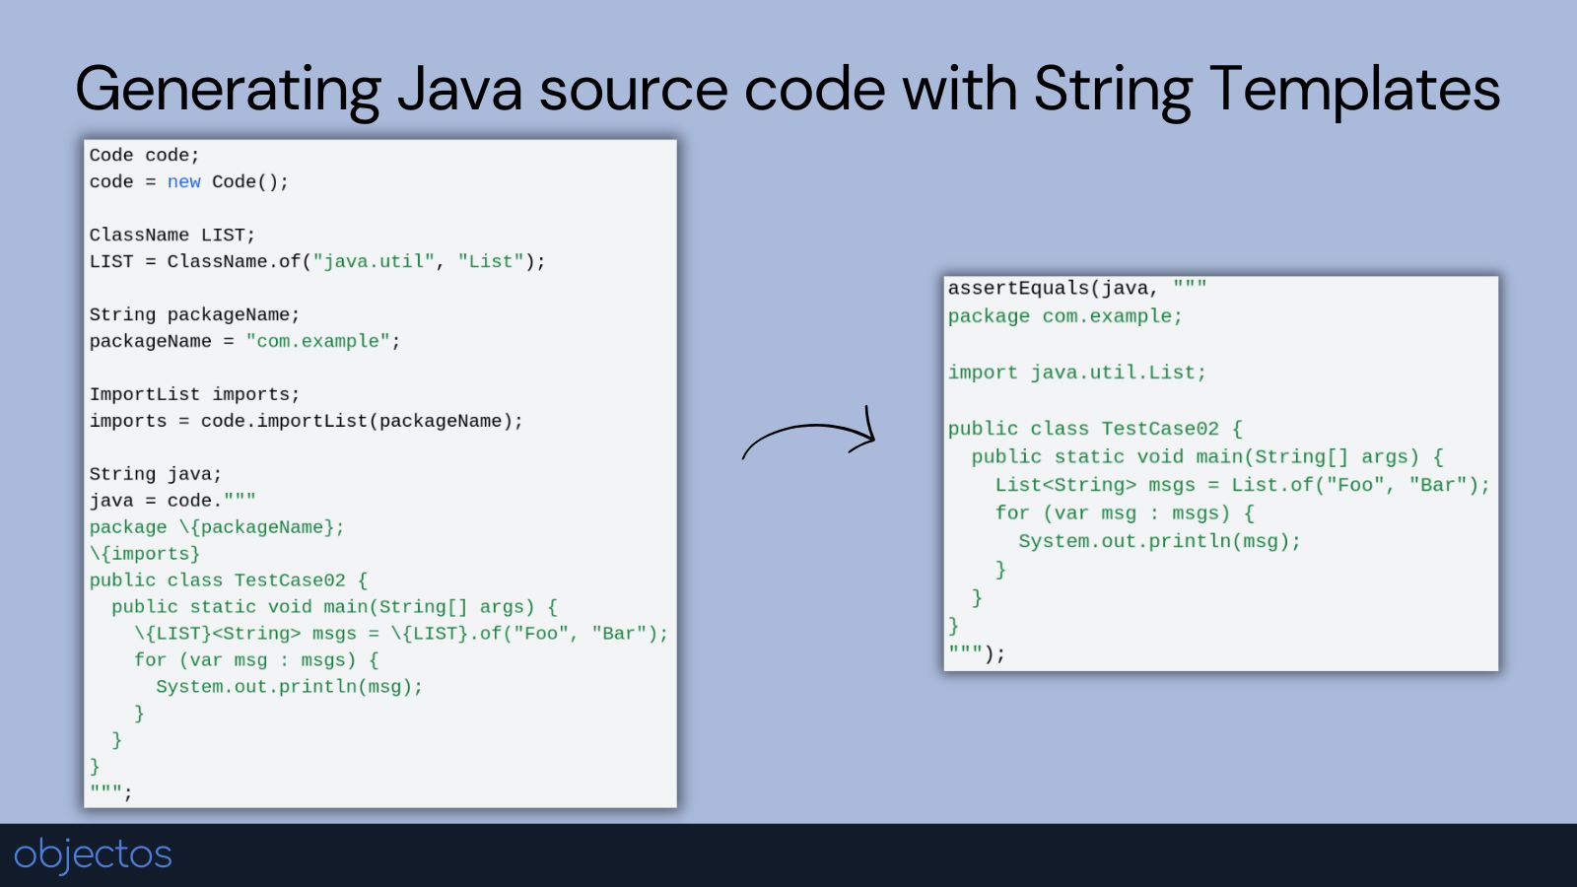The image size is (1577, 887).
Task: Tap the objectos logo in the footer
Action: (93, 854)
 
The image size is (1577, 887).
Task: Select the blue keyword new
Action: (183, 181)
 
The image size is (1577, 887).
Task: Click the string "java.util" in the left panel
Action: (374, 262)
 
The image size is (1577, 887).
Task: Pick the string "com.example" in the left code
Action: (318, 341)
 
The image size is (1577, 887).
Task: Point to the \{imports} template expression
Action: (144, 554)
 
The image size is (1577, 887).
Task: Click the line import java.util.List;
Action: (1076, 373)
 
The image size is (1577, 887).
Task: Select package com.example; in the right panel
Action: (1064, 316)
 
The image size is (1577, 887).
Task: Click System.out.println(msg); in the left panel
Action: (290, 686)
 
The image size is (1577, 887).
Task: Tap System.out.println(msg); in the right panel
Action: (1159, 541)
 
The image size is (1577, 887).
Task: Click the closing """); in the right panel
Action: (977, 654)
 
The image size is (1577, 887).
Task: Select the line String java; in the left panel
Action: (156, 474)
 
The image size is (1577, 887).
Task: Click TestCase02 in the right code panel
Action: (1159, 429)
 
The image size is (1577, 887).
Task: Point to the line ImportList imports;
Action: (194, 394)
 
